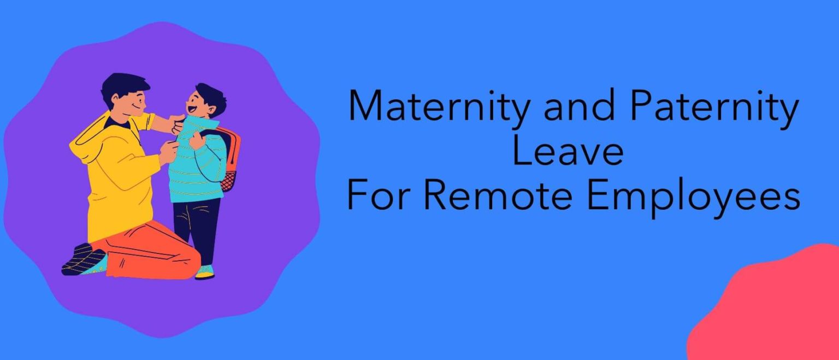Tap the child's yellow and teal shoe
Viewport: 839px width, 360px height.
205,272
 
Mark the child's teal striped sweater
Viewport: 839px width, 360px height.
197,164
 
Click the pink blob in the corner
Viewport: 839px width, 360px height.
776,311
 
